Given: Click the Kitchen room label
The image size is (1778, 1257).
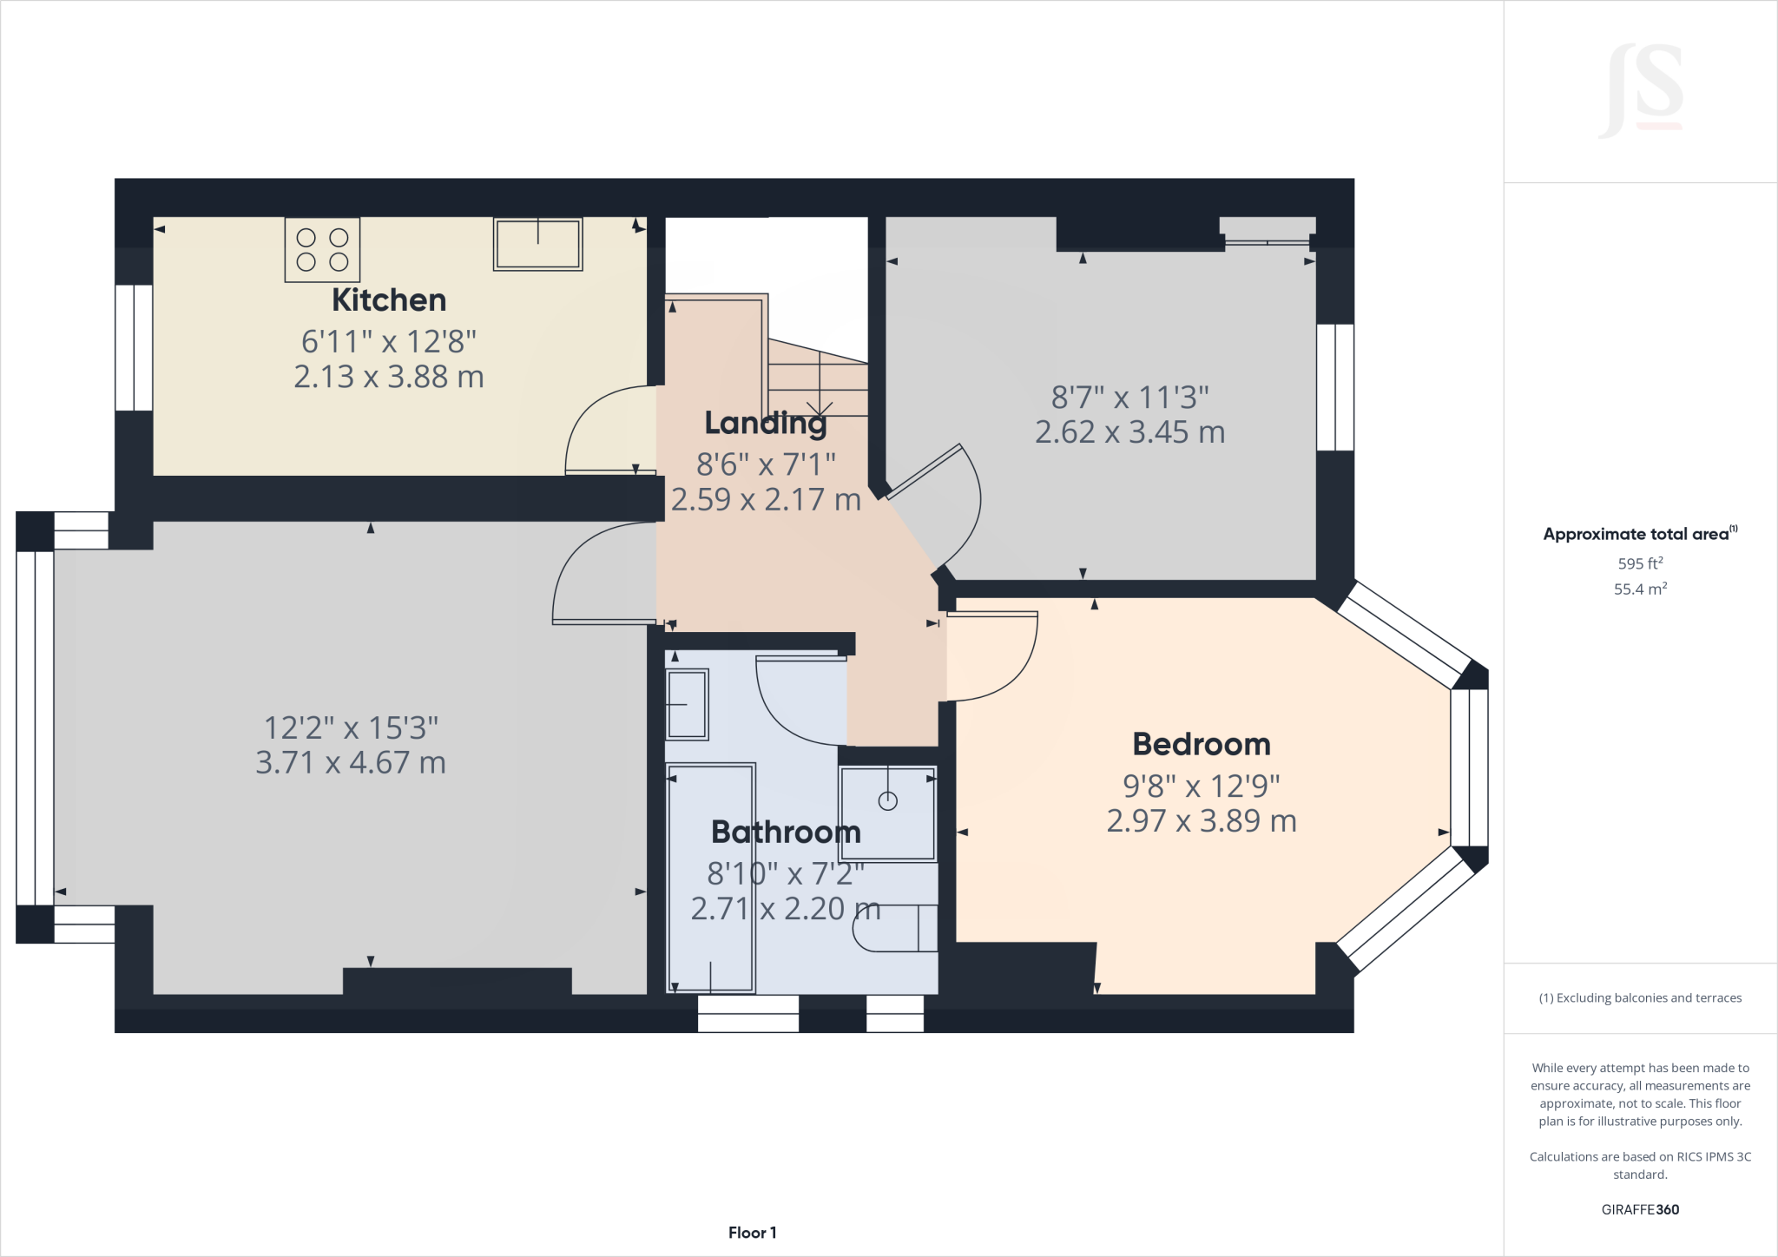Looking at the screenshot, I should (x=389, y=300).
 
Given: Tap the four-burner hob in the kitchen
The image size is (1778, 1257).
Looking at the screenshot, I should (x=322, y=250).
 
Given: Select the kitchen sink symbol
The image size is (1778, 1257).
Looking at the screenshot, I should (x=537, y=244).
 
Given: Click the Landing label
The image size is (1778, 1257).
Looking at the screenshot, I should (x=765, y=423).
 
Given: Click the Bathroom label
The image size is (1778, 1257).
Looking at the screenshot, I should (x=786, y=832).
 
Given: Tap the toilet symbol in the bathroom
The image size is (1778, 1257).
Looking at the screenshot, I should (x=894, y=928).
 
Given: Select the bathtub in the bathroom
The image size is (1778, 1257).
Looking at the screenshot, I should (x=710, y=877).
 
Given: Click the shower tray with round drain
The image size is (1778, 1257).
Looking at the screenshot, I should (x=887, y=813).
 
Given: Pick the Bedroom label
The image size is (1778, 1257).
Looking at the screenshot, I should (x=1202, y=744).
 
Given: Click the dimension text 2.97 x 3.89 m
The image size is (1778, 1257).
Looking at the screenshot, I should (x=1202, y=821).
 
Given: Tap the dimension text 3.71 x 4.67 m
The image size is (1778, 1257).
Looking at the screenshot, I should (x=351, y=763).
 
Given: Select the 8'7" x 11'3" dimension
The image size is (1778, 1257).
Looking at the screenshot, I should (x=1129, y=398).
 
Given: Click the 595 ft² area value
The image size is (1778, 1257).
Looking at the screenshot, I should (x=1640, y=563).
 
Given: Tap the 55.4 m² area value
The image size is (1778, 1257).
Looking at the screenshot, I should (x=1640, y=589).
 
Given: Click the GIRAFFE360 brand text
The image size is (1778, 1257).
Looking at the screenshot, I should (x=1640, y=1209).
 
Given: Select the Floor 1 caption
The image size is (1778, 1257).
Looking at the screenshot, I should (x=752, y=1233).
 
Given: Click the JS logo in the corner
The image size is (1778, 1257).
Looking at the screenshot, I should (x=1642, y=91).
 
